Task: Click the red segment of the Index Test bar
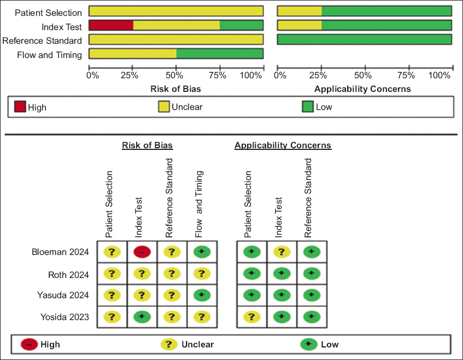pos(111,25)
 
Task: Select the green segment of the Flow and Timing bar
pos(220,53)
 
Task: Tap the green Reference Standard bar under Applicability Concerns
pos(365,39)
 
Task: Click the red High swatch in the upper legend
pos(20,107)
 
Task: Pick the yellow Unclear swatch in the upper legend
pos(164,107)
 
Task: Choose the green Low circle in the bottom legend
pos(308,344)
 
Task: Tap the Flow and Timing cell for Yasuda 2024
pos(202,295)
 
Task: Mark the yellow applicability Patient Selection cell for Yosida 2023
pos(251,316)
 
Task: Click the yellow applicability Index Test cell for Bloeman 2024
pos(282,252)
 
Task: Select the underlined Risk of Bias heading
pos(147,146)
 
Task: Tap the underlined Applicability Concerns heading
pos(283,146)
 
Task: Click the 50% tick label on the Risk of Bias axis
pos(178,75)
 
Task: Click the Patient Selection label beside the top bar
pos(48,12)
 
